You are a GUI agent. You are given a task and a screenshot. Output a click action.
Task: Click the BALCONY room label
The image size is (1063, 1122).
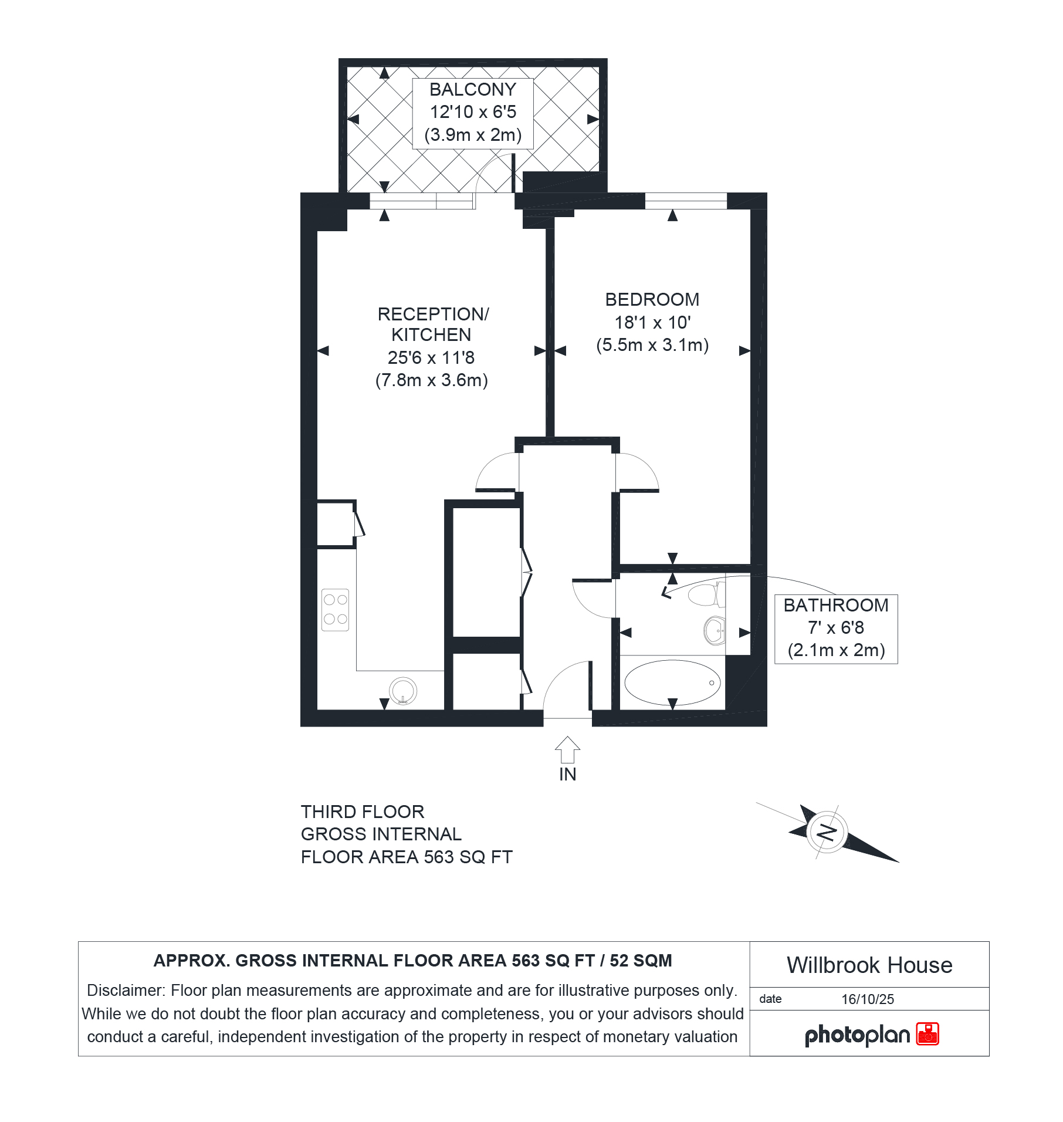coord(473,90)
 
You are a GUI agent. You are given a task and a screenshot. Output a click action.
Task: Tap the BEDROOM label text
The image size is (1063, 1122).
coord(652,300)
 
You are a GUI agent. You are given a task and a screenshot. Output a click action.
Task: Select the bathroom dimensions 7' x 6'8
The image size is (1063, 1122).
coord(836,628)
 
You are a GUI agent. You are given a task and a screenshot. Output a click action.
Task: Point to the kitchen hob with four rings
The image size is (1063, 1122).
coord(336,610)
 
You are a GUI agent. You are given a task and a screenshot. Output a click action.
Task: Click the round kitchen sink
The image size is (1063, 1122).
coord(403,690)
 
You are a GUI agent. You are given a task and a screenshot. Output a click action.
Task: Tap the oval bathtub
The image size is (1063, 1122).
coord(672,682)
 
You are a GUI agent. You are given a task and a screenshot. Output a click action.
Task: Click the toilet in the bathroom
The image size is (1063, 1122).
coord(706,594)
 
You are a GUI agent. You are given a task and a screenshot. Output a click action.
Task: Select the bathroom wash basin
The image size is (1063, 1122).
coord(715,631)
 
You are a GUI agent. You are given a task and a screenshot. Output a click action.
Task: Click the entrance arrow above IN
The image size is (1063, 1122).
coord(567,749)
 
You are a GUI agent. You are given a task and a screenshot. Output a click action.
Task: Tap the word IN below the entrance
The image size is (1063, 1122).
coord(567,775)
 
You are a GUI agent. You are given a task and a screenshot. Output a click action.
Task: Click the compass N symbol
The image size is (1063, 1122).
coord(827,832)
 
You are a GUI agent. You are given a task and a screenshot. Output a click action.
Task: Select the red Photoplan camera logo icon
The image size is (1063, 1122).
coord(927,1034)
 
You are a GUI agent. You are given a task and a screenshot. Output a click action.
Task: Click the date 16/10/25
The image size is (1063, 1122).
coord(868,999)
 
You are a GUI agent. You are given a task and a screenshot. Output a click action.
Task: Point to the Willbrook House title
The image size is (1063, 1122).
coord(869,965)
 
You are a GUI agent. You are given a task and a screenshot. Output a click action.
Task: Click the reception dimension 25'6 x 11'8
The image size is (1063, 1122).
coord(431,357)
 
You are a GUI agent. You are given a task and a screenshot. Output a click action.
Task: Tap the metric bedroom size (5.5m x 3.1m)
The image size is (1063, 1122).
coord(652,345)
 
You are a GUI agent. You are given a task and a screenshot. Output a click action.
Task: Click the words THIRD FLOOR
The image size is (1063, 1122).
coord(363,812)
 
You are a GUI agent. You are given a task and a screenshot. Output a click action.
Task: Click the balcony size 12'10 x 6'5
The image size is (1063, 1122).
coord(473,112)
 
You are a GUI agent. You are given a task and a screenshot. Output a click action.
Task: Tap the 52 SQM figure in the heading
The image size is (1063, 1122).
coord(641,961)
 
